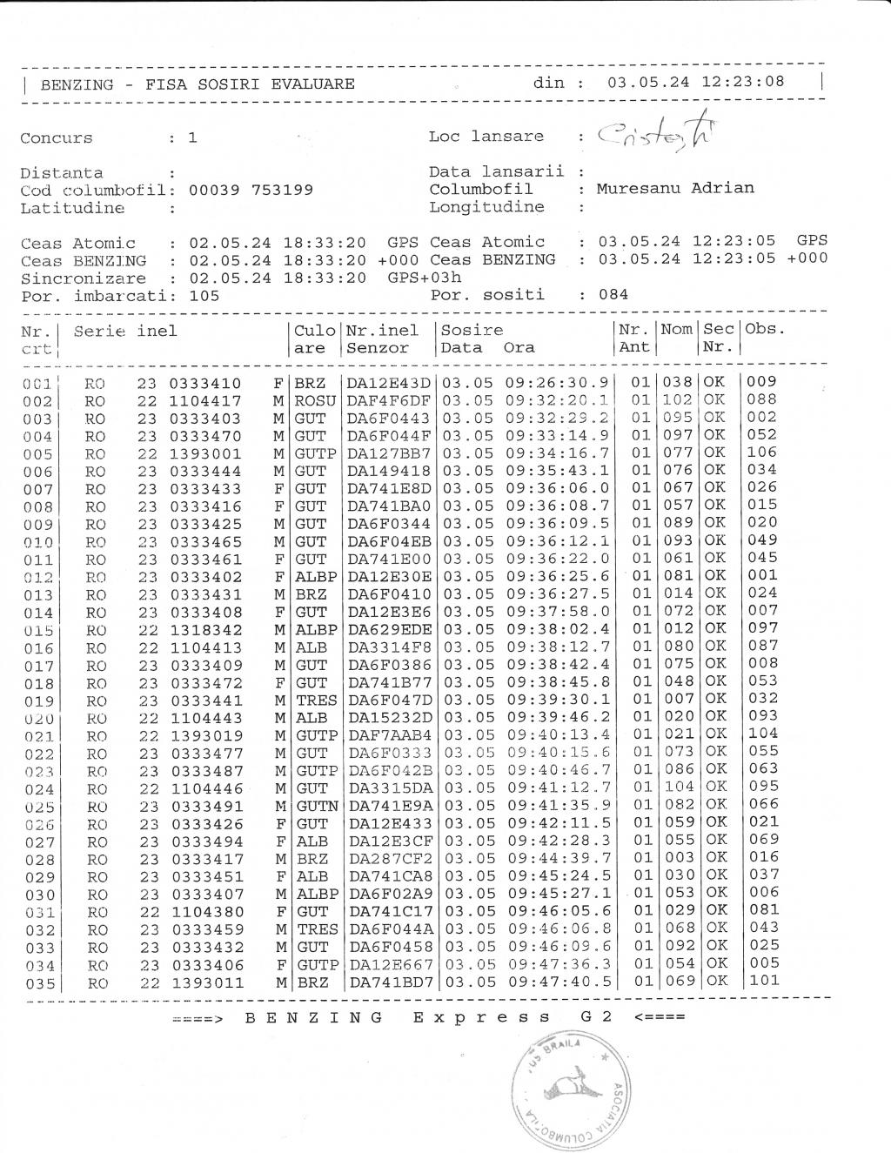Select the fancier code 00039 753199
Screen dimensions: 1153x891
click(251, 190)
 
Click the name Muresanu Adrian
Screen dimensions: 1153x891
click(675, 188)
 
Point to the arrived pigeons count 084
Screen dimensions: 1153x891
click(613, 294)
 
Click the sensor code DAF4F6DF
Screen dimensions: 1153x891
click(389, 400)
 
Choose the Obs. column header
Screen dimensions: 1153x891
click(765, 329)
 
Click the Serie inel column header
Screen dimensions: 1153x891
click(125, 331)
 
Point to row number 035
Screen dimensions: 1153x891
click(38, 983)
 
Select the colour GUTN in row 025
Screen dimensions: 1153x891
click(316, 806)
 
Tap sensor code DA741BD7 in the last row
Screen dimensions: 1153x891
click(390, 982)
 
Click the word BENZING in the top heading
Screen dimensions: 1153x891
click(77, 84)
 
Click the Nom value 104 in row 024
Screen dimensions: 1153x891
click(678, 787)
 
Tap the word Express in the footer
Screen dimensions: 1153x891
click(481, 1017)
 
